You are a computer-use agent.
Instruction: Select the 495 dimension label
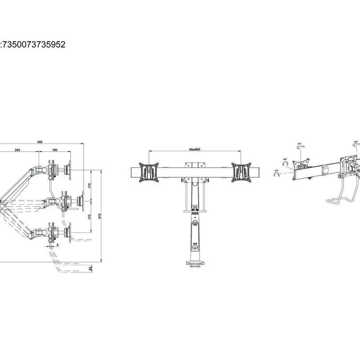coord(40,142)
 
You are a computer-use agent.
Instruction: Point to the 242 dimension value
coord(17,150)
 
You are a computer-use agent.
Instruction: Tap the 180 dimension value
coord(55,150)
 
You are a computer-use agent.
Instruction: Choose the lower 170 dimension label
coord(89,217)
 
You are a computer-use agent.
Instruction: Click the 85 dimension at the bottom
coord(91,269)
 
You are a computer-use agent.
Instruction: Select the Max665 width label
coord(195,150)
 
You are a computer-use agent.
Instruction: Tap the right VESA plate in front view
coord(241,172)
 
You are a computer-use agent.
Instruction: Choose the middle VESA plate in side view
coord(81,198)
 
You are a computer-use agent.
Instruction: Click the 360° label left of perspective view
coord(285,159)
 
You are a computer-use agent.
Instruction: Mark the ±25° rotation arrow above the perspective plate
coord(300,144)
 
